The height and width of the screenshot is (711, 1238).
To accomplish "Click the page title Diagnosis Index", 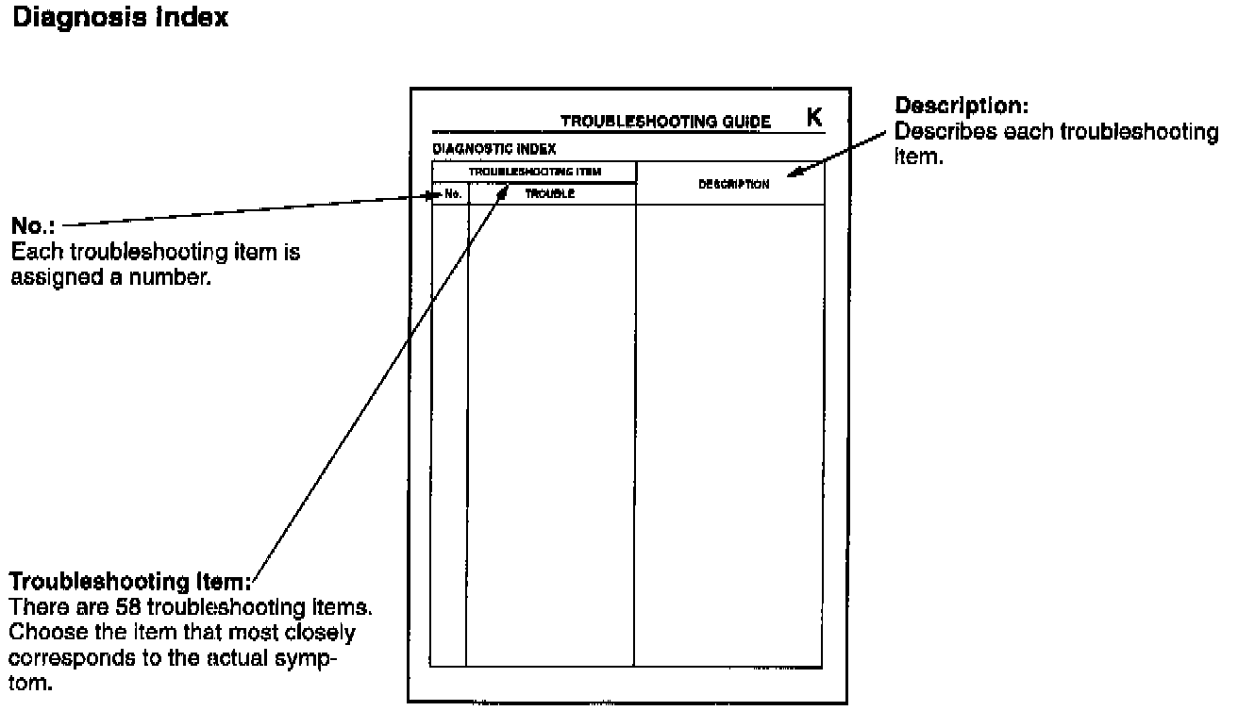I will (x=119, y=19).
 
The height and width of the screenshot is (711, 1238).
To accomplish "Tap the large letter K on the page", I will (x=814, y=117).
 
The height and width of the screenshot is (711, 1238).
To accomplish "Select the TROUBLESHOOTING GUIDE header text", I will (x=665, y=122).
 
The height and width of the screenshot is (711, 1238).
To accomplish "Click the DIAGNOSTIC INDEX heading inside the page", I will (x=494, y=149).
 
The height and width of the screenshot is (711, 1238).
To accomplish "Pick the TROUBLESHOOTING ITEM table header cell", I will (x=535, y=172).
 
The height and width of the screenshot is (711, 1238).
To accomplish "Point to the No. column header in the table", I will (x=452, y=194).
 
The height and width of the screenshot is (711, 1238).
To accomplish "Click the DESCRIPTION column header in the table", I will (x=733, y=184).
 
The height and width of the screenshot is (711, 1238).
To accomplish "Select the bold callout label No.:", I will (x=33, y=226).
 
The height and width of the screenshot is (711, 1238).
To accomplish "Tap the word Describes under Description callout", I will (x=944, y=131).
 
